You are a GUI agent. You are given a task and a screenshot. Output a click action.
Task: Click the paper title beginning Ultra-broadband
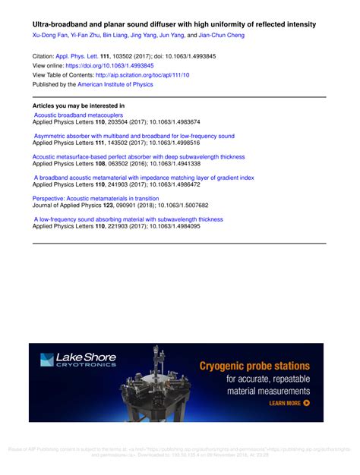pyautogui.click(x=174, y=24)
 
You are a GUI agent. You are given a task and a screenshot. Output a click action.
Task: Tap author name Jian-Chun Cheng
pyautogui.click(x=222, y=36)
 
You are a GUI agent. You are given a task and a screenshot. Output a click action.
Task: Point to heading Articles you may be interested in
pyautogui.click(x=79, y=105)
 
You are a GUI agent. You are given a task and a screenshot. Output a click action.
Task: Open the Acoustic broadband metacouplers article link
pyautogui.click(x=79, y=115)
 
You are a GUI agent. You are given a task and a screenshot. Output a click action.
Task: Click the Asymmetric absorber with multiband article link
pyautogui.click(x=134, y=137)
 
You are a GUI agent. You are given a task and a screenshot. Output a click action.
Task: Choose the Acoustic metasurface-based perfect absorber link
pyautogui.click(x=139, y=157)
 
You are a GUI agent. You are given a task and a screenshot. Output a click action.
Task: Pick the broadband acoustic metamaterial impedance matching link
pyautogui.click(x=144, y=178)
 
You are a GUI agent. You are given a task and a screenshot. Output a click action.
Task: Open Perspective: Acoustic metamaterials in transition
pyautogui.click(x=96, y=198)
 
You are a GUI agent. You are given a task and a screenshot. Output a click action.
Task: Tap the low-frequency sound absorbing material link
pyautogui.click(x=128, y=219)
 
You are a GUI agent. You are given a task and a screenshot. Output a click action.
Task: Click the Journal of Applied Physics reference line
pyautogui.click(x=120, y=205)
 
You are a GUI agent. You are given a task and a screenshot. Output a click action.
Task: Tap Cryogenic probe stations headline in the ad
pyautogui.click(x=254, y=366)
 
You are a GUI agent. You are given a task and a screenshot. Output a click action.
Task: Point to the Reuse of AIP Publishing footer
pyautogui.click(x=180, y=451)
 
